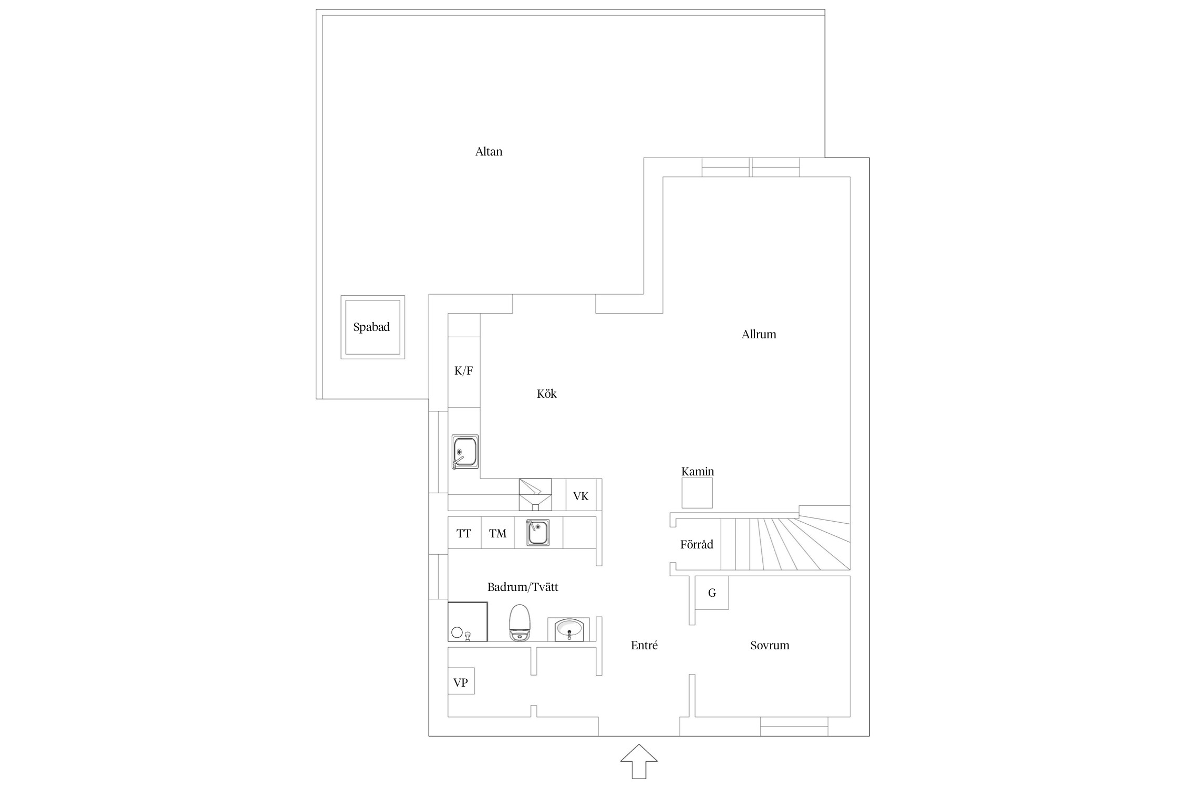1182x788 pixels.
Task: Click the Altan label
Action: coord(489,152)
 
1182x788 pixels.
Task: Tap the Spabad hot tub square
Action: coord(372,327)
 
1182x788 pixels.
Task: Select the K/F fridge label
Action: coord(463,371)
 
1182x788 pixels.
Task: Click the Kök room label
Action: coord(546,393)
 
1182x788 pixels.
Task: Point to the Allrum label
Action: coord(759,334)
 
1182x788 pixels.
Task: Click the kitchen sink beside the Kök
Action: coord(465,452)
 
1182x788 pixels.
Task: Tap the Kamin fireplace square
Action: coord(697,493)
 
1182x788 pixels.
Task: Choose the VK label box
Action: coord(581,495)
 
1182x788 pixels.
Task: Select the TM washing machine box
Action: coord(497,533)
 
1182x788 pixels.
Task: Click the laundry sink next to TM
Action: coord(537,533)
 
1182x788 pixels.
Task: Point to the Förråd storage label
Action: coord(697,545)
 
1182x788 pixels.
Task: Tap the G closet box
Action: coord(712,593)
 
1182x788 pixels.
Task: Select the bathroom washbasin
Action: coord(568,629)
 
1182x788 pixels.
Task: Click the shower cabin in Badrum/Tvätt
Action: coord(468,622)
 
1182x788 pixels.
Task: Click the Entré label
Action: coord(644,645)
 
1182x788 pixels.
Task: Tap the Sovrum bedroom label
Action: coord(770,645)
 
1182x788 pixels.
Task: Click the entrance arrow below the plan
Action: coord(639,761)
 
